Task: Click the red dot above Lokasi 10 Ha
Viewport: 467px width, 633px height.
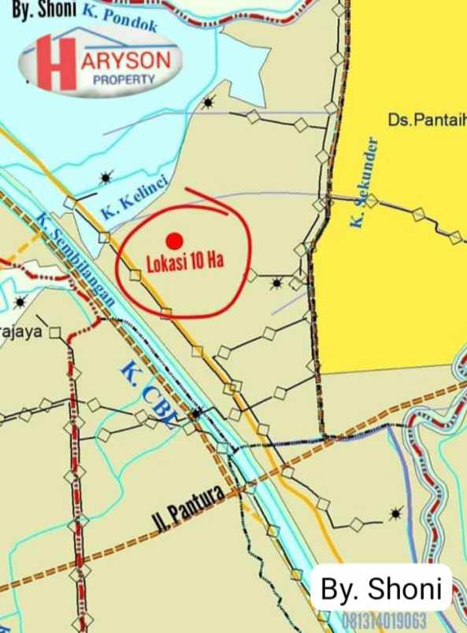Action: click(175, 240)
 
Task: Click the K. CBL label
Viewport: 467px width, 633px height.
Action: click(148, 393)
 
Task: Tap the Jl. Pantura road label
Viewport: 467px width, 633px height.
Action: click(186, 509)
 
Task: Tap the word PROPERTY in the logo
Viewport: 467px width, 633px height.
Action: click(124, 80)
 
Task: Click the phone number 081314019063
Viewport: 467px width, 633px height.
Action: click(384, 619)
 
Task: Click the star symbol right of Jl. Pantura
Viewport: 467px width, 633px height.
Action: click(395, 513)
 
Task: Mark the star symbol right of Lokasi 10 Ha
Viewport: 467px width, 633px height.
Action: click(276, 282)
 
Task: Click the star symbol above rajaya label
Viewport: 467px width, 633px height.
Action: click(20, 302)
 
